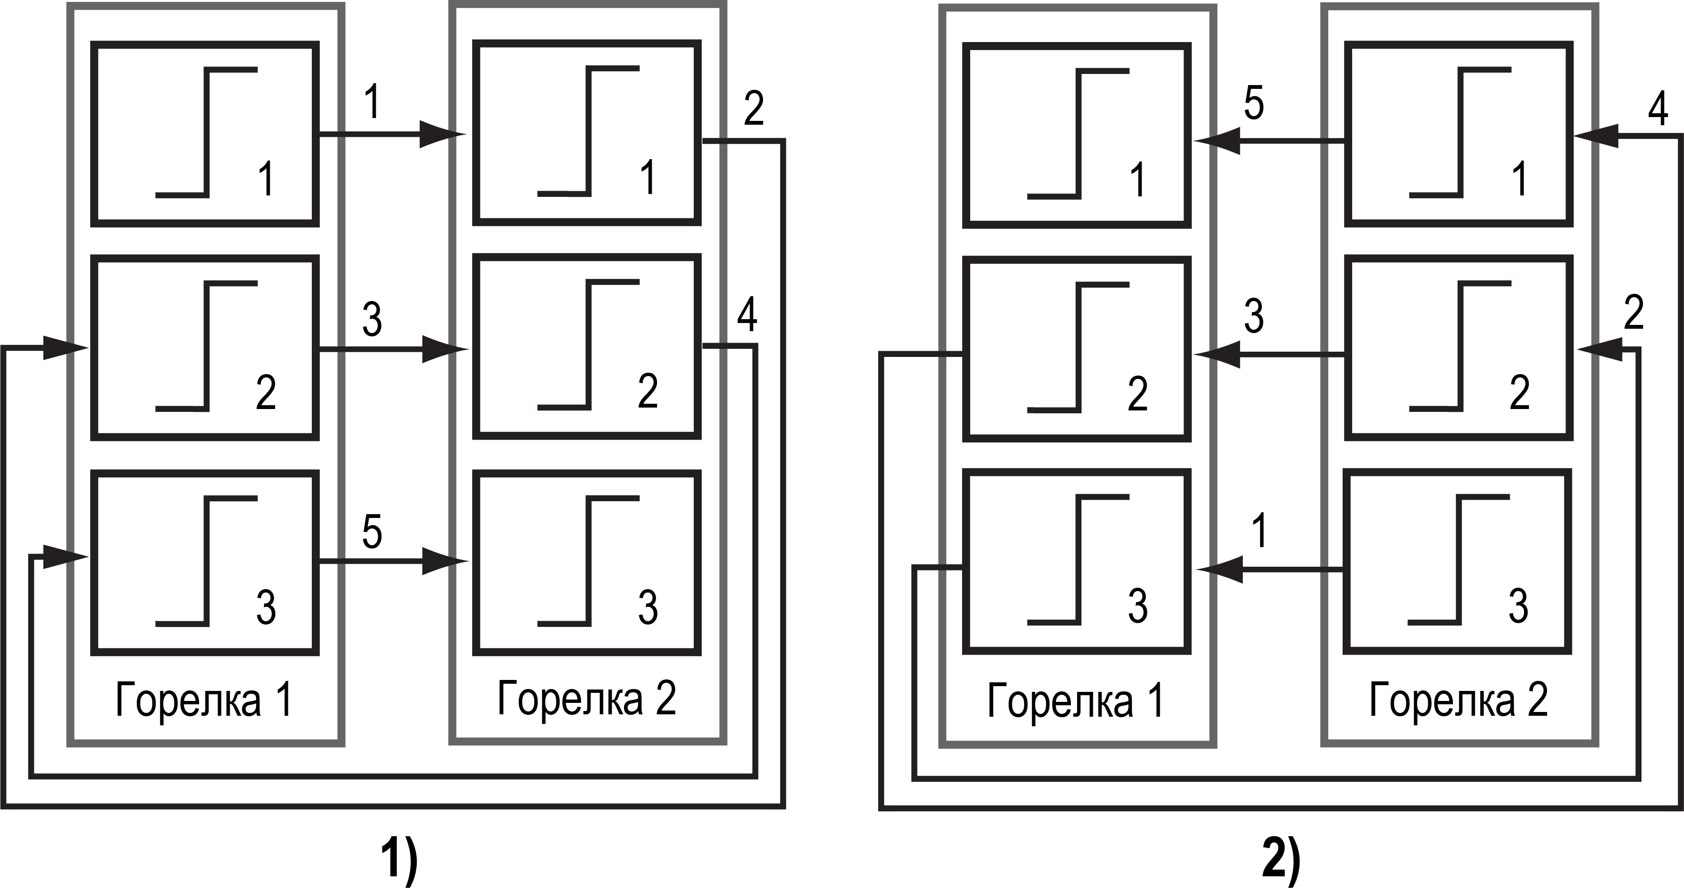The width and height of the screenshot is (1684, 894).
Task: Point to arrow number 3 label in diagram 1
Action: (x=372, y=320)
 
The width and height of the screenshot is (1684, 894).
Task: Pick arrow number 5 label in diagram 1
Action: (x=372, y=532)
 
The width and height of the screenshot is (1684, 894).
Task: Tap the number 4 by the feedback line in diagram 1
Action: (x=747, y=315)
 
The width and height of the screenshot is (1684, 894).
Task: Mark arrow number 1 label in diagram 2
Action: (x=1260, y=530)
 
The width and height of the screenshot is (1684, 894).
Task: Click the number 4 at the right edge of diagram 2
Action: (x=1658, y=109)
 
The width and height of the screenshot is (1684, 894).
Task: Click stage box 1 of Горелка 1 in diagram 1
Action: (x=205, y=134)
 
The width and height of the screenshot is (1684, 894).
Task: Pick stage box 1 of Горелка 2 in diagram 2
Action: (x=1459, y=134)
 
